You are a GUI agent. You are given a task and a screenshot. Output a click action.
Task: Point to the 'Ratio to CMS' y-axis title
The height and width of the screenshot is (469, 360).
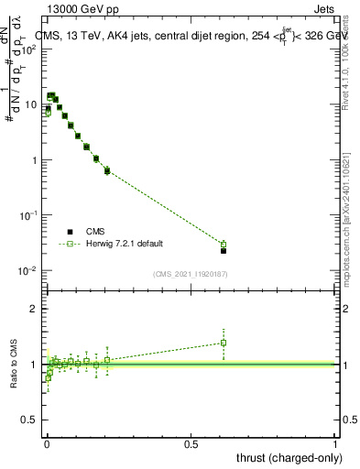(15, 364)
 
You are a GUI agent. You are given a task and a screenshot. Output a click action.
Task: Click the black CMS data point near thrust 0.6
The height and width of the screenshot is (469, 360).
(224, 250)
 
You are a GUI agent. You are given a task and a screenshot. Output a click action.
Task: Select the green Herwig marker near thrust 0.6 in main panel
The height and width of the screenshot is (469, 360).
(224, 244)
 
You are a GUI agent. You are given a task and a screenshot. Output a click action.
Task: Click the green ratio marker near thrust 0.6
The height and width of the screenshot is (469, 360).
(224, 343)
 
